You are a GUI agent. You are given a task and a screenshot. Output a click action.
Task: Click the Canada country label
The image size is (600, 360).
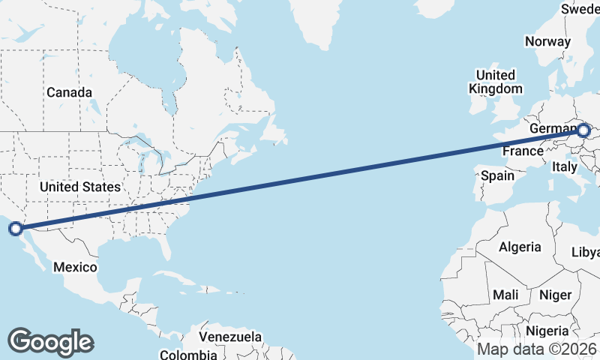(x=69, y=92)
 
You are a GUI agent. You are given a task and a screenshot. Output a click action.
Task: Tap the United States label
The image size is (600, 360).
(x=79, y=187)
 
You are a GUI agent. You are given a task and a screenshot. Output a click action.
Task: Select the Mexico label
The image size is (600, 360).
(x=74, y=267)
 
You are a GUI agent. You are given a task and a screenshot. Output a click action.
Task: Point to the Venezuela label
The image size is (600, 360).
(x=230, y=336)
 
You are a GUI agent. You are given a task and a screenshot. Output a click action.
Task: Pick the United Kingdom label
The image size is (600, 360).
(x=496, y=82)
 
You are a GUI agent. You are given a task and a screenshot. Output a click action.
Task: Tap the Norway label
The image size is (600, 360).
(x=547, y=41)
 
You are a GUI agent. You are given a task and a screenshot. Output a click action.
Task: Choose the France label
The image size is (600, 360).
(x=523, y=151)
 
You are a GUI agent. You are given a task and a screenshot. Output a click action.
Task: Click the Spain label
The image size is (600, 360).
(x=497, y=176)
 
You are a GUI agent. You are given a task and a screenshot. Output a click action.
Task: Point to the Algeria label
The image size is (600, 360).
(x=520, y=247)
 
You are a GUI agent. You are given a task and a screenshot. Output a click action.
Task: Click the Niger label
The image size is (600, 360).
(x=555, y=295)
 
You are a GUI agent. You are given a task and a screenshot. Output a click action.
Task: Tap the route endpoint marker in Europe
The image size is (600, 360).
(x=583, y=131)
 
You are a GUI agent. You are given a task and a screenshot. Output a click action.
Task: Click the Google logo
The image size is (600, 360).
(x=50, y=342)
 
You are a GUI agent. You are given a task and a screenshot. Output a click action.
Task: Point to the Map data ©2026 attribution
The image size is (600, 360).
(x=536, y=349)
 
